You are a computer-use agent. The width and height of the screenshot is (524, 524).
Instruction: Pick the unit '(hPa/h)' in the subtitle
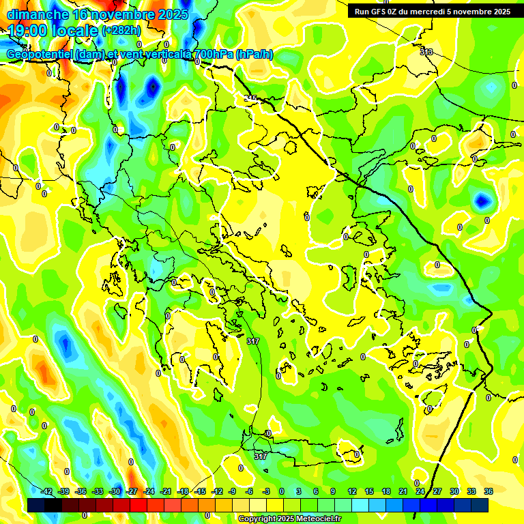coord(254,54)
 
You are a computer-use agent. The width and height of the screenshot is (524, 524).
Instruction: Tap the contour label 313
coord(426,52)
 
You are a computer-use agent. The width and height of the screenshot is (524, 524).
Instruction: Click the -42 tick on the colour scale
coord(47,491)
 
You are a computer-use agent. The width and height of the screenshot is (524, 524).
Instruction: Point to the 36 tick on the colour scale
coord(488,491)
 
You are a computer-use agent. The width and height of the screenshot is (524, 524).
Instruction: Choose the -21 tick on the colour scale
coord(166,491)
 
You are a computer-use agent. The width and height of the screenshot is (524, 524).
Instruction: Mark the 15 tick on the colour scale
coord(369,491)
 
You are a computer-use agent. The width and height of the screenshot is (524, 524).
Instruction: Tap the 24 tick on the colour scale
coord(420,491)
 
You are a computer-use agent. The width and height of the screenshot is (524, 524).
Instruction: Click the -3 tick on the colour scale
coord(267,491)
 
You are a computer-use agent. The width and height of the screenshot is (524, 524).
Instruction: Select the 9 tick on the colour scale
coord(335,491)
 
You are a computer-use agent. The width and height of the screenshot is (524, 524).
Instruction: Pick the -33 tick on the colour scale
coord(98,491)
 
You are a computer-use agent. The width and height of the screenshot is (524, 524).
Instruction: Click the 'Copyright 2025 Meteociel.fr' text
coord(289,519)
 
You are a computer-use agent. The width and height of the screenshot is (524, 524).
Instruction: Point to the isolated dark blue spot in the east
coord(482,201)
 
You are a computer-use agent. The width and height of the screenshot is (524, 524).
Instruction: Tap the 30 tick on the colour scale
coord(454,491)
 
